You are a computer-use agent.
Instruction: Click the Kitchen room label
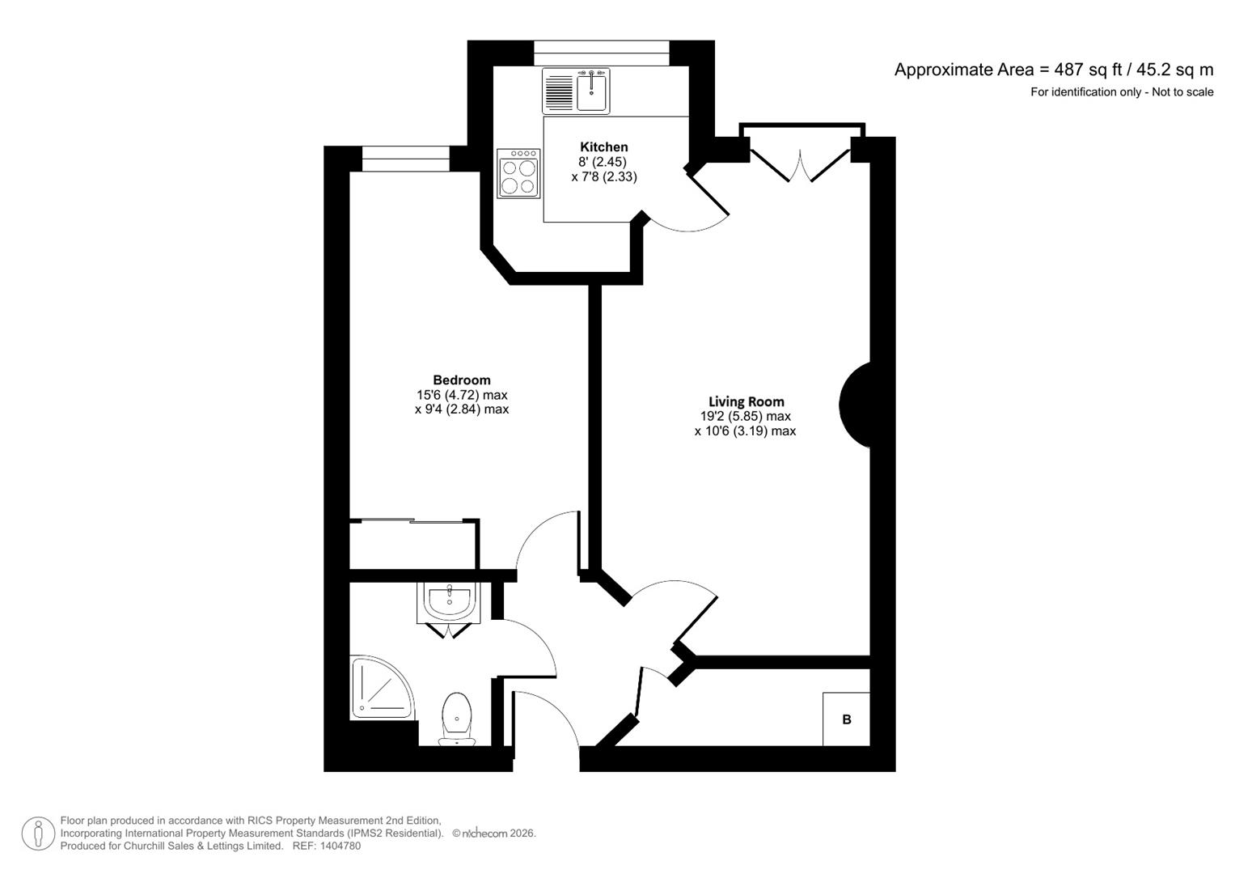point(603,147)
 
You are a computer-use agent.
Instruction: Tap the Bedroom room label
point(461,380)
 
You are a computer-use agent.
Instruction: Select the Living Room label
point(746,401)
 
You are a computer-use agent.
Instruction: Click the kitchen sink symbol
point(593,91)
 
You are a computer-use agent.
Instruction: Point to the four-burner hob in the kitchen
point(518,173)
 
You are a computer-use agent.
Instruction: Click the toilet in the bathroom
point(457,718)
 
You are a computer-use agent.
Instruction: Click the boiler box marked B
point(846,719)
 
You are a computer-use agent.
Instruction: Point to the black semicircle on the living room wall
point(856,403)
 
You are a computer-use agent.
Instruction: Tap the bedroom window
point(405,159)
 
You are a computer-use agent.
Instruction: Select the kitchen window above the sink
point(602,53)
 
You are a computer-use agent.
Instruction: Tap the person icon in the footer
point(38,834)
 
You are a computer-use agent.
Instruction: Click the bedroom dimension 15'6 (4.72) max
point(461,395)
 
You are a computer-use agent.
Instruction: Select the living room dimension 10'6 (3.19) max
point(745,431)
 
